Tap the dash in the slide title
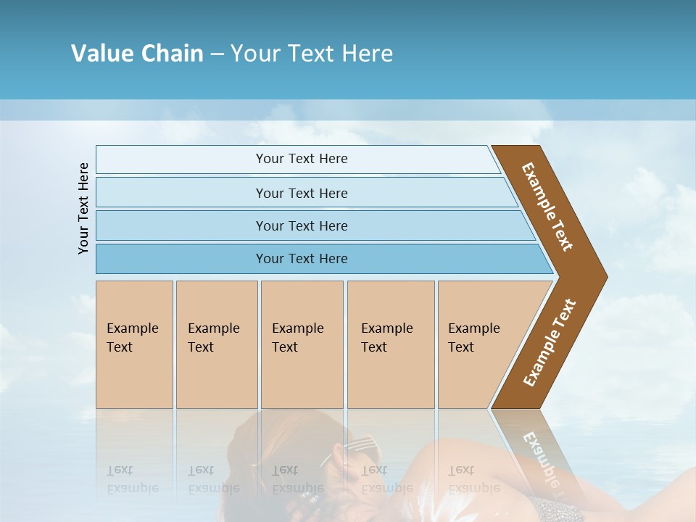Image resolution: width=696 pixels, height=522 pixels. point(217,54)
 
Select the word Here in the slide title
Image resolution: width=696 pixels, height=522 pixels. point(367,53)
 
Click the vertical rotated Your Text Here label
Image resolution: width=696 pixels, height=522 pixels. point(83,208)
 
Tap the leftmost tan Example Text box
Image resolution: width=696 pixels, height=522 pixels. point(134,344)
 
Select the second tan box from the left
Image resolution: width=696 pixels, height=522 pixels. point(216,344)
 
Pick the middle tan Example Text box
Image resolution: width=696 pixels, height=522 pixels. point(302,344)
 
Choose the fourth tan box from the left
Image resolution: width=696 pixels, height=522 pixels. point(391,344)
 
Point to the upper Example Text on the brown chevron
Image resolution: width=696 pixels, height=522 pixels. point(547,207)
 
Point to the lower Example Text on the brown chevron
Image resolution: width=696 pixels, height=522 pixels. point(550,343)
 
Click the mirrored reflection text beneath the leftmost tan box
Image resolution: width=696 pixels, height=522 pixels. point(133,480)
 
